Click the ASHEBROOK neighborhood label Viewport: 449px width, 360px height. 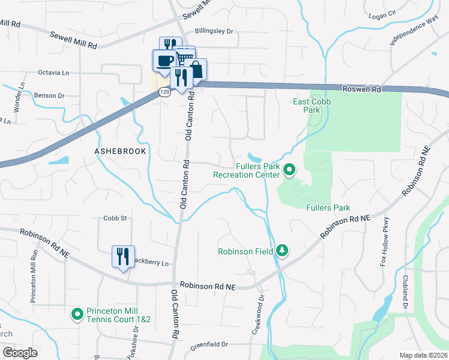[120, 151]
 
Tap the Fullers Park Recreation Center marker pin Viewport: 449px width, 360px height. [289, 170]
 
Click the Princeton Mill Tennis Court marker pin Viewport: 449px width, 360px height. [77, 314]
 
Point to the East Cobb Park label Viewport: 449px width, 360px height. [307, 106]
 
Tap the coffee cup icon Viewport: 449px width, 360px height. [164, 61]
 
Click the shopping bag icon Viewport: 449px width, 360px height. [196, 69]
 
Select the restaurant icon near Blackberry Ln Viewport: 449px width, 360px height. [123, 257]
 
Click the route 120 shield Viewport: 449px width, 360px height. [165, 92]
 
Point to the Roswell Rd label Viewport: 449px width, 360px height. [362, 89]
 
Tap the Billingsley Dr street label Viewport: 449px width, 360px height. [213, 32]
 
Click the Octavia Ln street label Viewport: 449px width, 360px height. [54, 73]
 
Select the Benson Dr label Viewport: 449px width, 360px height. [49, 95]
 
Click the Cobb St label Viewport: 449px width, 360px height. [115, 218]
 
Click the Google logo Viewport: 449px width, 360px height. [20, 352]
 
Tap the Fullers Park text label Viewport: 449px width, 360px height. [328, 208]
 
